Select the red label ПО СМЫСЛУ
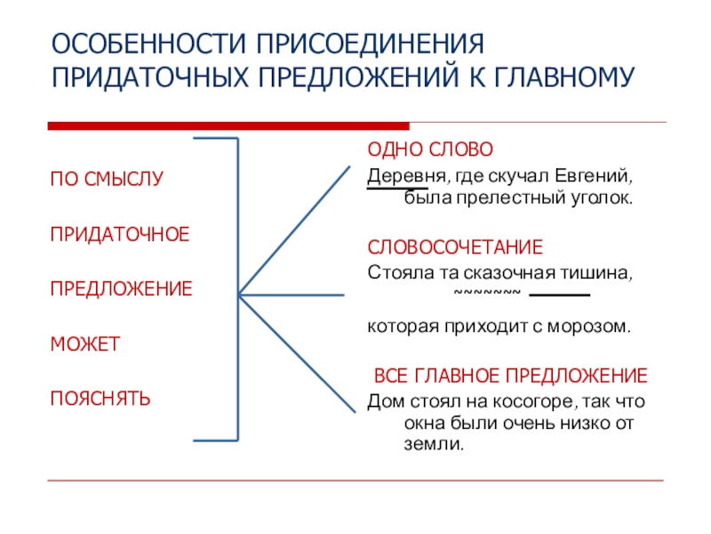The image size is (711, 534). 107,178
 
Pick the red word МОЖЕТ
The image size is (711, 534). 84,343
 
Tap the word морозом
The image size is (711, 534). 594,327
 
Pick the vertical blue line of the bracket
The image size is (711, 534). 237,289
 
